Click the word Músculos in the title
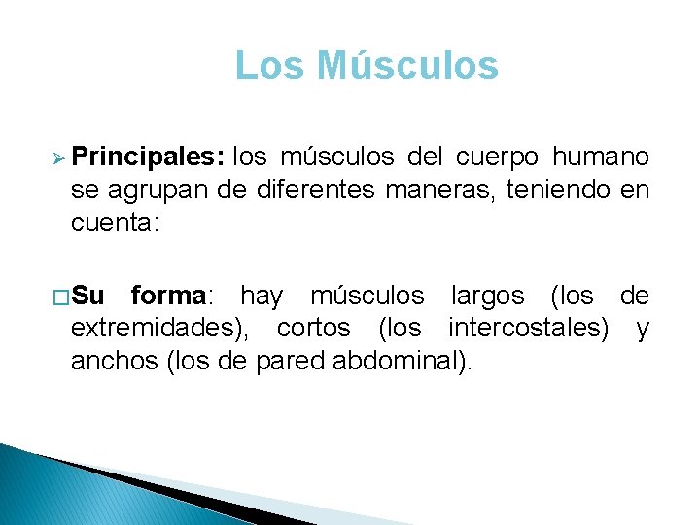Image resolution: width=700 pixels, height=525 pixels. point(408,65)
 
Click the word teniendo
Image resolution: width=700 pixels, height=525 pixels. point(556,190)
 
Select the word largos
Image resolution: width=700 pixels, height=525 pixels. point(487,295)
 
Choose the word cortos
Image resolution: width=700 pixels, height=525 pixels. point(313,329)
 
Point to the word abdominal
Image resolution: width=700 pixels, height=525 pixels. point(396,363)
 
